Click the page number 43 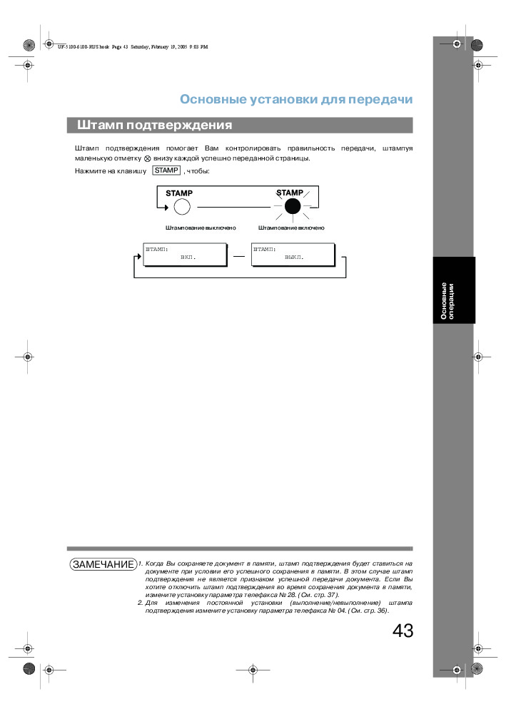pos(403,631)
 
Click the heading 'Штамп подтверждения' pos(155,126)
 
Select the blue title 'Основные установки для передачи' pos(296,99)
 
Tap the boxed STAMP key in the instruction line pos(166,170)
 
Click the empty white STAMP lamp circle pos(182,208)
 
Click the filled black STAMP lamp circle pos(291,208)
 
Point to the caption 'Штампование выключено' pos(201,228)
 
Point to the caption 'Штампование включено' pos(291,228)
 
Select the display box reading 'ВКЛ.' pos(184,254)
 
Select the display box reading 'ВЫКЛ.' pos(293,254)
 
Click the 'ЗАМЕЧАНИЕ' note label pos(103,564)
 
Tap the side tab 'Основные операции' pos(447,300)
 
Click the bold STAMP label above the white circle pos(179,193)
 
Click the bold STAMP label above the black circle pos(290,193)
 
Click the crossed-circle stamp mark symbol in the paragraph pos(147,158)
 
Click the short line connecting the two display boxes pos(238,255)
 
